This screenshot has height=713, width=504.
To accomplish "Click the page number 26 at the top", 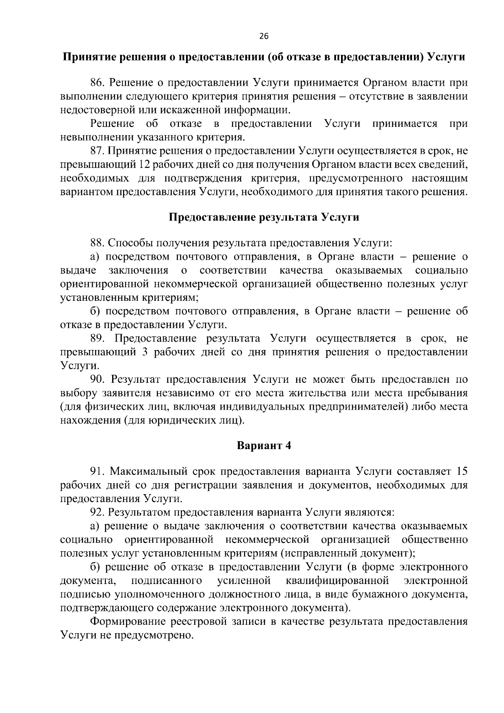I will coord(264,36).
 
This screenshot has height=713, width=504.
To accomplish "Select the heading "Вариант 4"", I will coord(264,445).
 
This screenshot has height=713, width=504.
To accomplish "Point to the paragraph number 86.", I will coord(97,83).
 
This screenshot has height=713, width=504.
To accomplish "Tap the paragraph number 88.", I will coord(97,243).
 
